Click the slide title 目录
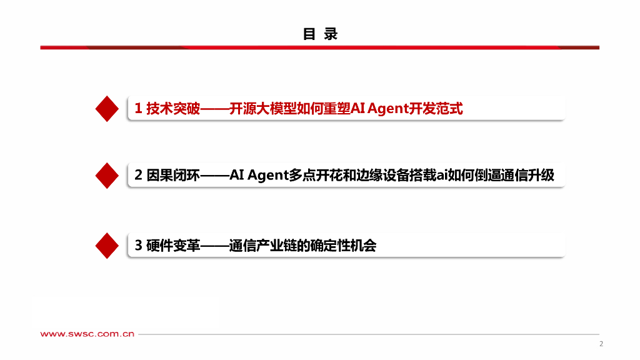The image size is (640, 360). [x=320, y=34]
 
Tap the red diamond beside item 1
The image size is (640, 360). [x=107, y=109]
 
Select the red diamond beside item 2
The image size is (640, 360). [x=107, y=176]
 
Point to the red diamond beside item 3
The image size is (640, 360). [x=107, y=245]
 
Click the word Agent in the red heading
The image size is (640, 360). [x=387, y=109]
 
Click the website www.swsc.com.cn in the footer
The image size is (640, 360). [x=87, y=334]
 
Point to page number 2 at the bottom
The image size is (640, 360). [x=601, y=344]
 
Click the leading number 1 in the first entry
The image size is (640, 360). [x=138, y=109]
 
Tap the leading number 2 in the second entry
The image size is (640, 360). [x=138, y=176]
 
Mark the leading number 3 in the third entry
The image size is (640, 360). [x=138, y=246]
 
